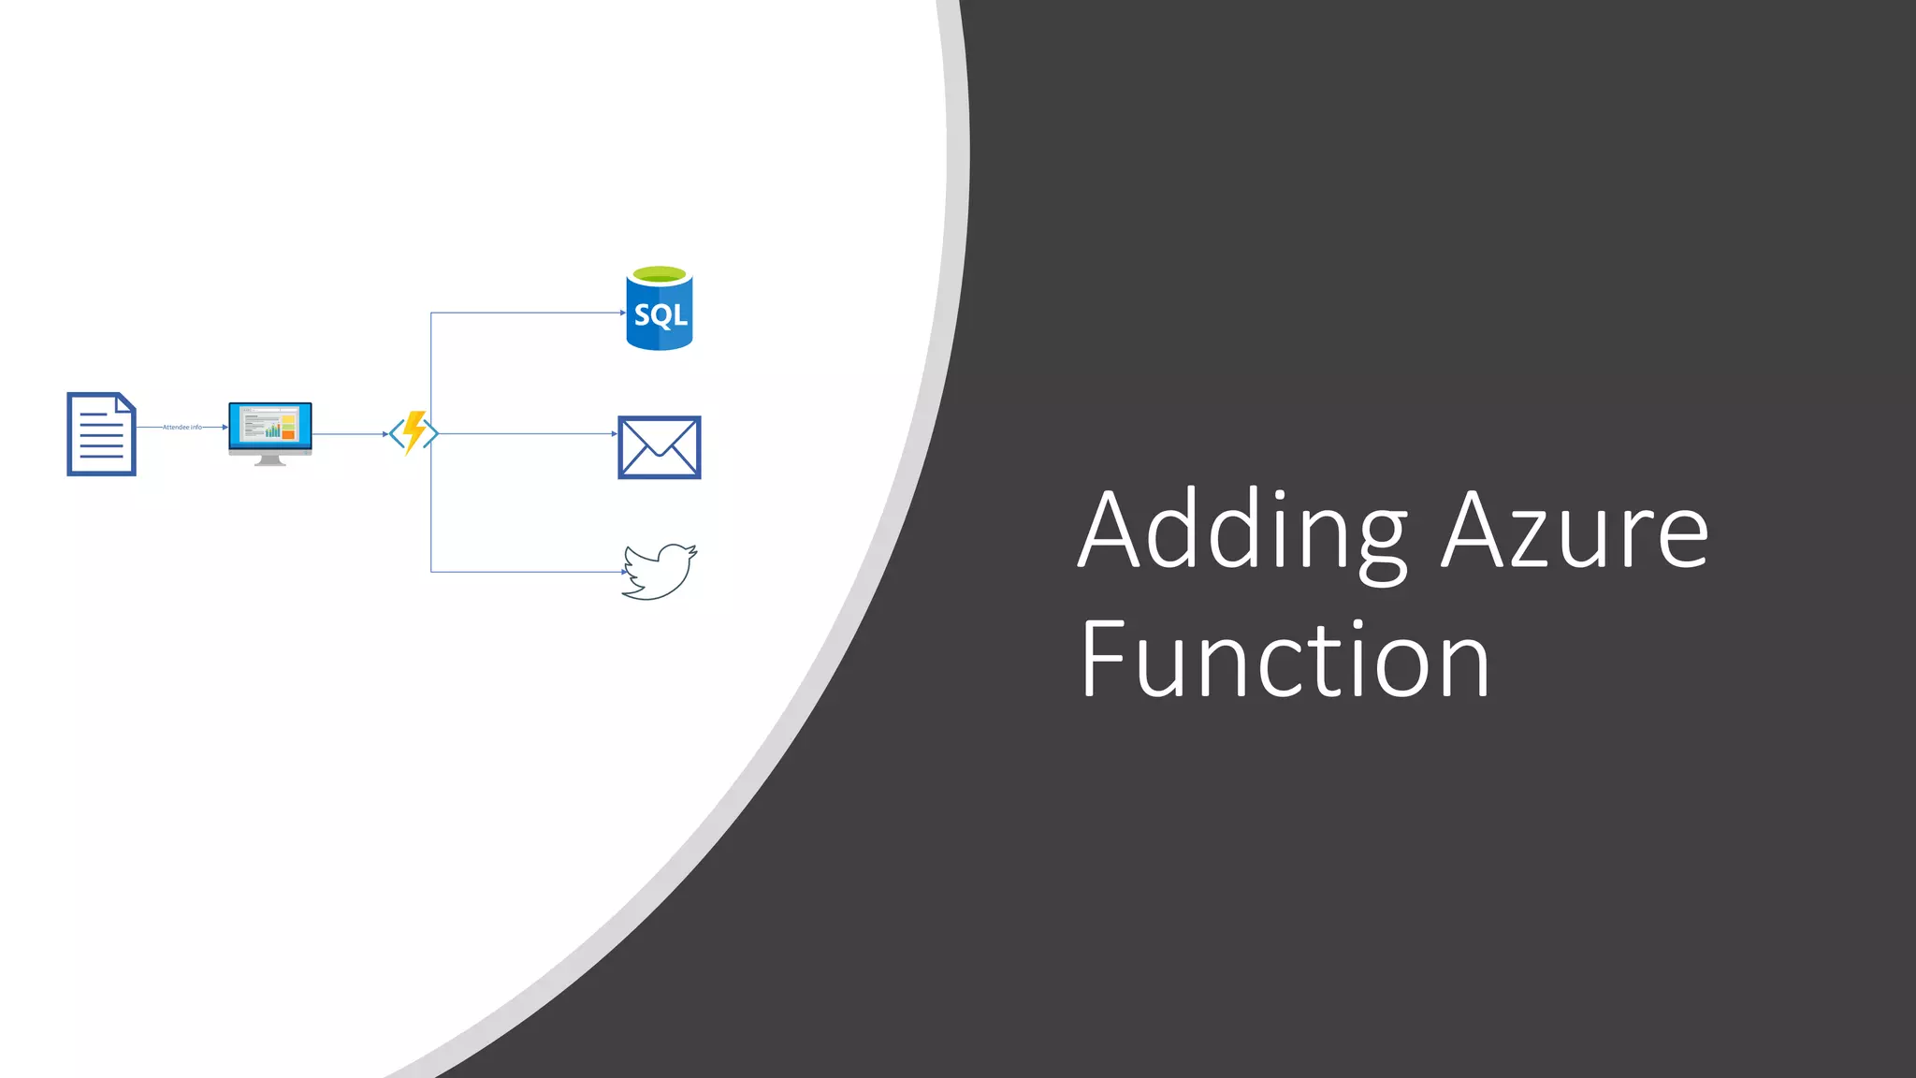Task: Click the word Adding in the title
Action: (x=1241, y=531)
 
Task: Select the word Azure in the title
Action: (x=1575, y=531)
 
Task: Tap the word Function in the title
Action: (x=1285, y=661)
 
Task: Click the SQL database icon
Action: (x=660, y=310)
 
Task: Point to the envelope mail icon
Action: (x=660, y=447)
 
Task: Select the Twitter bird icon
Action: (x=660, y=572)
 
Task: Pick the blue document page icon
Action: (x=101, y=434)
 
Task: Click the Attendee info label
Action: (x=182, y=427)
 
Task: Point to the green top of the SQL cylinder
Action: (x=660, y=274)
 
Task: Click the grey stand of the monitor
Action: (x=269, y=460)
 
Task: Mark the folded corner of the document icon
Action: (x=126, y=402)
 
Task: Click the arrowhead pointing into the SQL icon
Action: (x=623, y=313)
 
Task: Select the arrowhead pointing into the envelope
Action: (x=614, y=434)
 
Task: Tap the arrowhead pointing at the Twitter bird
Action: (x=625, y=572)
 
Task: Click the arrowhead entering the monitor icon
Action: (x=225, y=427)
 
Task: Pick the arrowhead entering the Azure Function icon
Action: (x=385, y=434)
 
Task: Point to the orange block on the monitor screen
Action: (x=289, y=433)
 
